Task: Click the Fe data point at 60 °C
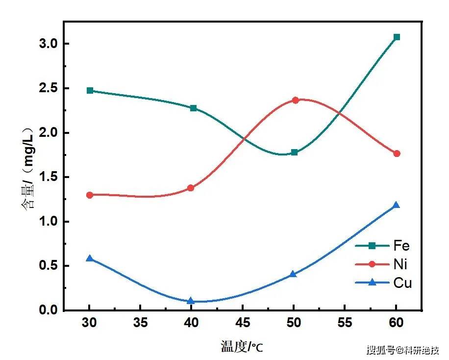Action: pyautogui.click(x=397, y=37)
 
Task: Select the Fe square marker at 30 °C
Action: pyautogui.click(x=90, y=91)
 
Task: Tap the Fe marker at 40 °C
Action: pyautogui.click(x=193, y=108)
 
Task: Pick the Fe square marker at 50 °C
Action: pyautogui.click(x=294, y=152)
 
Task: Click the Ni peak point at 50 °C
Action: pyautogui.click(x=296, y=100)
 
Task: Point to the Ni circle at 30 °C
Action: pyautogui.click(x=90, y=195)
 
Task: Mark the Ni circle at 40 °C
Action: pyautogui.click(x=191, y=188)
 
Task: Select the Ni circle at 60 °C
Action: pyautogui.click(x=397, y=154)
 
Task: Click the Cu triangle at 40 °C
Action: pyautogui.click(x=191, y=301)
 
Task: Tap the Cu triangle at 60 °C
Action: pyautogui.click(x=397, y=205)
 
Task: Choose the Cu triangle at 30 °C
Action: pyautogui.click(x=90, y=258)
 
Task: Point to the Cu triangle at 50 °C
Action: pyautogui.click(x=293, y=274)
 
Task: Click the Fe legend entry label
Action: pyautogui.click(x=401, y=246)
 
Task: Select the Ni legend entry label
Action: pyautogui.click(x=400, y=264)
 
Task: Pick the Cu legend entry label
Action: pyautogui.click(x=402, y=283)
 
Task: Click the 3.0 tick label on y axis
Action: pyautogui.click(x=49, y=44)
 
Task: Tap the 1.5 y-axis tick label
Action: pyautogui.click(x=49, y=177)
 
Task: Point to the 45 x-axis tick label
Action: pyautogui.click(x=243, y=323)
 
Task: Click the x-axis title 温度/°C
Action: pyautogui.click(x=241, y=347)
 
